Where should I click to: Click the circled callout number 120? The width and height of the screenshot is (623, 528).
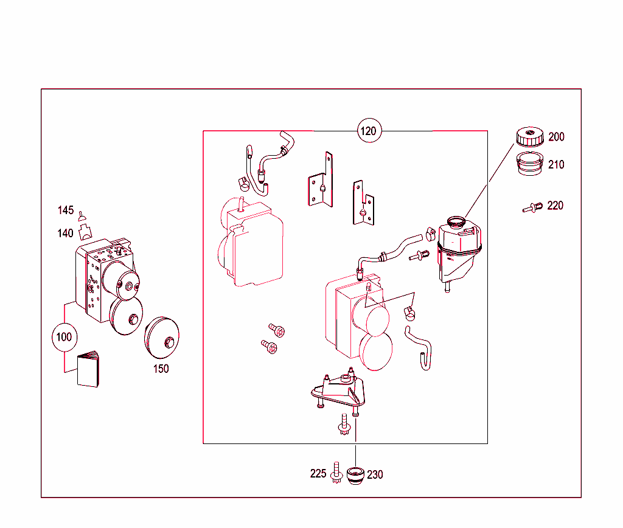(x=369, y=131)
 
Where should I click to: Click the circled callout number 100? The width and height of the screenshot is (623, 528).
(x=64, y=337)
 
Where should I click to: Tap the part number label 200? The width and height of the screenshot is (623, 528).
(x=556, y=137)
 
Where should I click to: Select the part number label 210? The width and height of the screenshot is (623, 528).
(x=556, y=164)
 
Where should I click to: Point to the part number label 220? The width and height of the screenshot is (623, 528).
(x=555, y=206)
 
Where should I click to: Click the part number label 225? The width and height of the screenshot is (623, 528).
(x=318, y=474)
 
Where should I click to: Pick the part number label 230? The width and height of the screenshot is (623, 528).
(x=375, y=474)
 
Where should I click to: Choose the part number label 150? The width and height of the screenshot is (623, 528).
(x=161, y=369)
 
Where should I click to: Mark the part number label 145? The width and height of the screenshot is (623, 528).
(x=66, y=210)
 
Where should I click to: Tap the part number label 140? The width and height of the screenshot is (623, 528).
(x=65, y=233)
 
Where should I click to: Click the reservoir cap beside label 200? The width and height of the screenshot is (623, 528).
(x=530, y=136)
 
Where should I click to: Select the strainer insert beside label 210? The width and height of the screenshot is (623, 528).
(x=530, y=164)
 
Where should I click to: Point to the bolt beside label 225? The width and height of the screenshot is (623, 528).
(x=337, y=473)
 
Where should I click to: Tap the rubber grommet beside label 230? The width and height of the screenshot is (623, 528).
(x=355, y=476)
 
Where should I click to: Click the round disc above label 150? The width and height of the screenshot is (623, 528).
(x=162, y=338)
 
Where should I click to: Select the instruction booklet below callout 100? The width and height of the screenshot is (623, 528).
(x=88, y=369)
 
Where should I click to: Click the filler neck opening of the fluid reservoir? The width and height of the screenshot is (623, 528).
(x=456, y=221)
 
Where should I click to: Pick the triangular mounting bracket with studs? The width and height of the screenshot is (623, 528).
(x=338, y=391)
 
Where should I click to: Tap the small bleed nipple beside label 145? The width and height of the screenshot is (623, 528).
(x=82, y=217)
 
